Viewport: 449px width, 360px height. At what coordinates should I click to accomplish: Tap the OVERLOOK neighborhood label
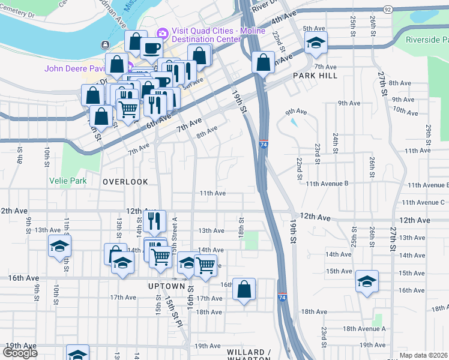125,181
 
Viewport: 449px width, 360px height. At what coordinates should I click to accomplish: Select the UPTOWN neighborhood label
166,287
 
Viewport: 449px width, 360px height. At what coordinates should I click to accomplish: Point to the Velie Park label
68,181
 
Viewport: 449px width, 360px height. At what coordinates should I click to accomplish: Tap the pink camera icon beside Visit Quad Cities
161,32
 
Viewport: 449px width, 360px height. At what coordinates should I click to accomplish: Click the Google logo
20,353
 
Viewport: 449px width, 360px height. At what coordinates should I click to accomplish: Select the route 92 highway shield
388,10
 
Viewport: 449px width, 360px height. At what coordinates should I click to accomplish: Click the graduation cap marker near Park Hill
315,43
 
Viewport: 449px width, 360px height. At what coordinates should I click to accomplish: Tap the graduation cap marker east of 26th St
367,281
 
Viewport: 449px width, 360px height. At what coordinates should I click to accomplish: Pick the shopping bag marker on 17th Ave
244,289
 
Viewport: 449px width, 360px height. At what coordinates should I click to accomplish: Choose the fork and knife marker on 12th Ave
155,221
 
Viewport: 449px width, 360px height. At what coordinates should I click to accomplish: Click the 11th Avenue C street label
423,203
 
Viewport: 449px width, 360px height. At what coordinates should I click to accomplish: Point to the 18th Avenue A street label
364,329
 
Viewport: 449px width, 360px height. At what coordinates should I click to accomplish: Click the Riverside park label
427,40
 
